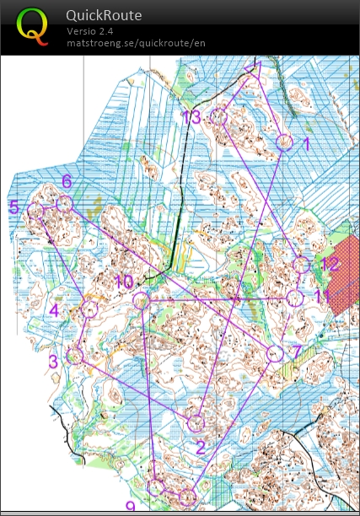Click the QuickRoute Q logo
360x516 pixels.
pos(33,26)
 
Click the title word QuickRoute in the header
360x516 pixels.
pos(104,15)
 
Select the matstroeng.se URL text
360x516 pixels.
pos(136,42)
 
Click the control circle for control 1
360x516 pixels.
pos(285,142)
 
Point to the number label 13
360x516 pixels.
pos(191,117)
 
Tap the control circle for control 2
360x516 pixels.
pos(196,423)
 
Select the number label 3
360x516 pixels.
pos(52,362)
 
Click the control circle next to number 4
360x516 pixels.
pos(89,309)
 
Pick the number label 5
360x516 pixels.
pos(13,207)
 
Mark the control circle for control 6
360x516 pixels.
pos(64,204)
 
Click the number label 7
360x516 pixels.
pos(297,351)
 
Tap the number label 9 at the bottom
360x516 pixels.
pos(130,507)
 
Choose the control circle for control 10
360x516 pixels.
pos(141,300)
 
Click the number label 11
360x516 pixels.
pos(322,296)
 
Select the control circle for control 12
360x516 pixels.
pos(302,265)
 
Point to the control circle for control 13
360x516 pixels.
pos(219,117)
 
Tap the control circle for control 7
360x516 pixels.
pos(275,354)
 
